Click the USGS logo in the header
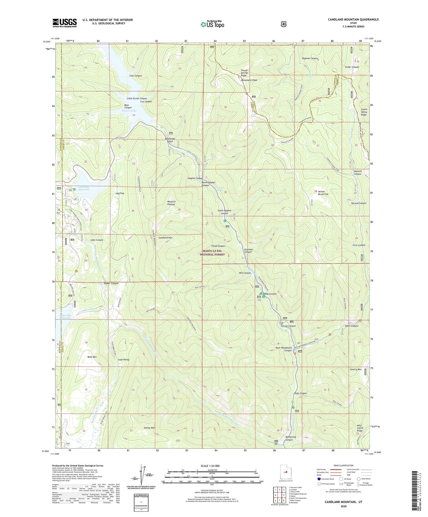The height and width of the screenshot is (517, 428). click(64, 23)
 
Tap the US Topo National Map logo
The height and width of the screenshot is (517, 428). click(212, 24)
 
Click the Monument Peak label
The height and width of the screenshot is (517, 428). click(249, 80)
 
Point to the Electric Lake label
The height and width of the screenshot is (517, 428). click(129, 111)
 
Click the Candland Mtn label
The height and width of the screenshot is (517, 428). click(165, 238)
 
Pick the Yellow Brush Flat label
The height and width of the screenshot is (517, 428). click(323, 193)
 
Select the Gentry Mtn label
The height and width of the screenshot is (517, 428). click(356, 369)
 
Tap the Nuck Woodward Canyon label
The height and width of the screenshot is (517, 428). click(284, 349)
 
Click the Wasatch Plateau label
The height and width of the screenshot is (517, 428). click(171, 203)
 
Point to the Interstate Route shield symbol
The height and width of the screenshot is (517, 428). click(319, 479)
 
